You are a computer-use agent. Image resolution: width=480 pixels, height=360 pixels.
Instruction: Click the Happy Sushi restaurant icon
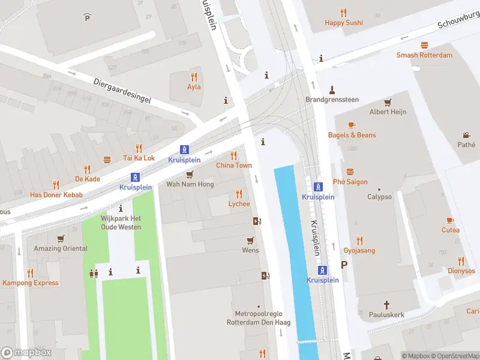344,12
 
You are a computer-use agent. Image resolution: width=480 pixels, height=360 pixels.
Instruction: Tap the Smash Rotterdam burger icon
424,45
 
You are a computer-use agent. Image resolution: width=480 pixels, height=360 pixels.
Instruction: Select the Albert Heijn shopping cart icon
388,102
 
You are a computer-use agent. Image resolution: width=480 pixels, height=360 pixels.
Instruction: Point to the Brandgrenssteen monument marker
331,90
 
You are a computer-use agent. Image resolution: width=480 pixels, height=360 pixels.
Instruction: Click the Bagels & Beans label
352,135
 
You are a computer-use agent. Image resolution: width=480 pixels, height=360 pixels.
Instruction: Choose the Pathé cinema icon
466,135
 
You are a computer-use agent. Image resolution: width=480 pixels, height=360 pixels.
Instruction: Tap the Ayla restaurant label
194,86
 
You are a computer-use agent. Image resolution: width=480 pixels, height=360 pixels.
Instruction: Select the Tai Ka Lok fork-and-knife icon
139,148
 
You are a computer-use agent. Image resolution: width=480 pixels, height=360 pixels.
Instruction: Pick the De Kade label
88,179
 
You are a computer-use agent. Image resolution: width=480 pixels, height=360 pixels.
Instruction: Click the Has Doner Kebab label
56,195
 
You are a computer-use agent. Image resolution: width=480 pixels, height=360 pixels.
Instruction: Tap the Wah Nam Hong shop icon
190,174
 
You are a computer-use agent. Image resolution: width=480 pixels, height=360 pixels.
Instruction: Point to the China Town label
234,165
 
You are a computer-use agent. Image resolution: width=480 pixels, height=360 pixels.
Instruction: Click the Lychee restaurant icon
239,194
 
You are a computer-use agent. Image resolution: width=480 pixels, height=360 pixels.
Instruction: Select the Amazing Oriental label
61,248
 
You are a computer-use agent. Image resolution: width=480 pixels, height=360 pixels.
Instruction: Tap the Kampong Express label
31,283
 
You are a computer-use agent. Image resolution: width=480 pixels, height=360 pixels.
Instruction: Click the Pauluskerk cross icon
387,304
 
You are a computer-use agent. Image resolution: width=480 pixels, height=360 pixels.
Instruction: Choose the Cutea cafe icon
451,220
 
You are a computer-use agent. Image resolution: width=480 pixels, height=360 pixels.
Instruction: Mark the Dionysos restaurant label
461,271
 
